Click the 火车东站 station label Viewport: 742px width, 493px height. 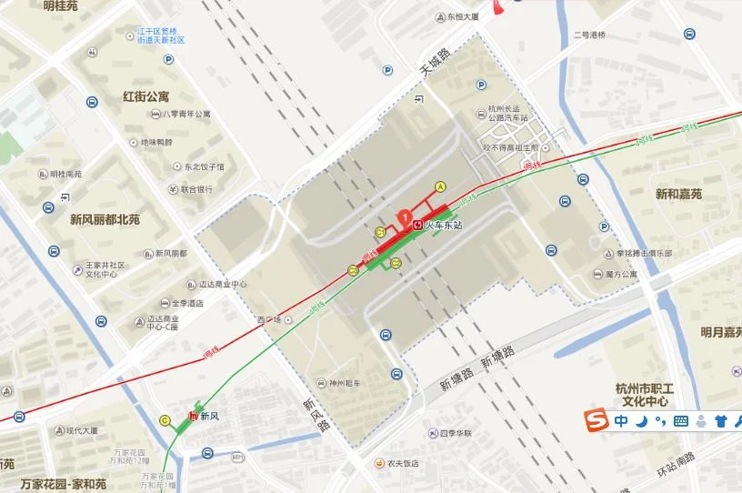[x=445, y=224]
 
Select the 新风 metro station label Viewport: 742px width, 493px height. [x=210, y=417]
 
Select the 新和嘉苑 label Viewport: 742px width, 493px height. [x=678, y=194]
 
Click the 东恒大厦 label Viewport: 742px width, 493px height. [x=463, y=16]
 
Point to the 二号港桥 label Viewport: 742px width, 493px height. [x=589, y=35]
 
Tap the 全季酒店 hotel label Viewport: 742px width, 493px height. [x=186, y=303]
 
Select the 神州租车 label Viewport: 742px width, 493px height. [x=345, y=382]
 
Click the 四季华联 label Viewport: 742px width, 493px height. [x=455, y=433]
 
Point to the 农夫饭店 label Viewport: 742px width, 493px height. [x=402, y=463]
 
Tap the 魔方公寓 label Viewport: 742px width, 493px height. [x=621, y=274]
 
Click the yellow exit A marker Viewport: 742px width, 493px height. [x=441, y=186]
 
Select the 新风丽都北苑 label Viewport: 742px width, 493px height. [x=105, y=219]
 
